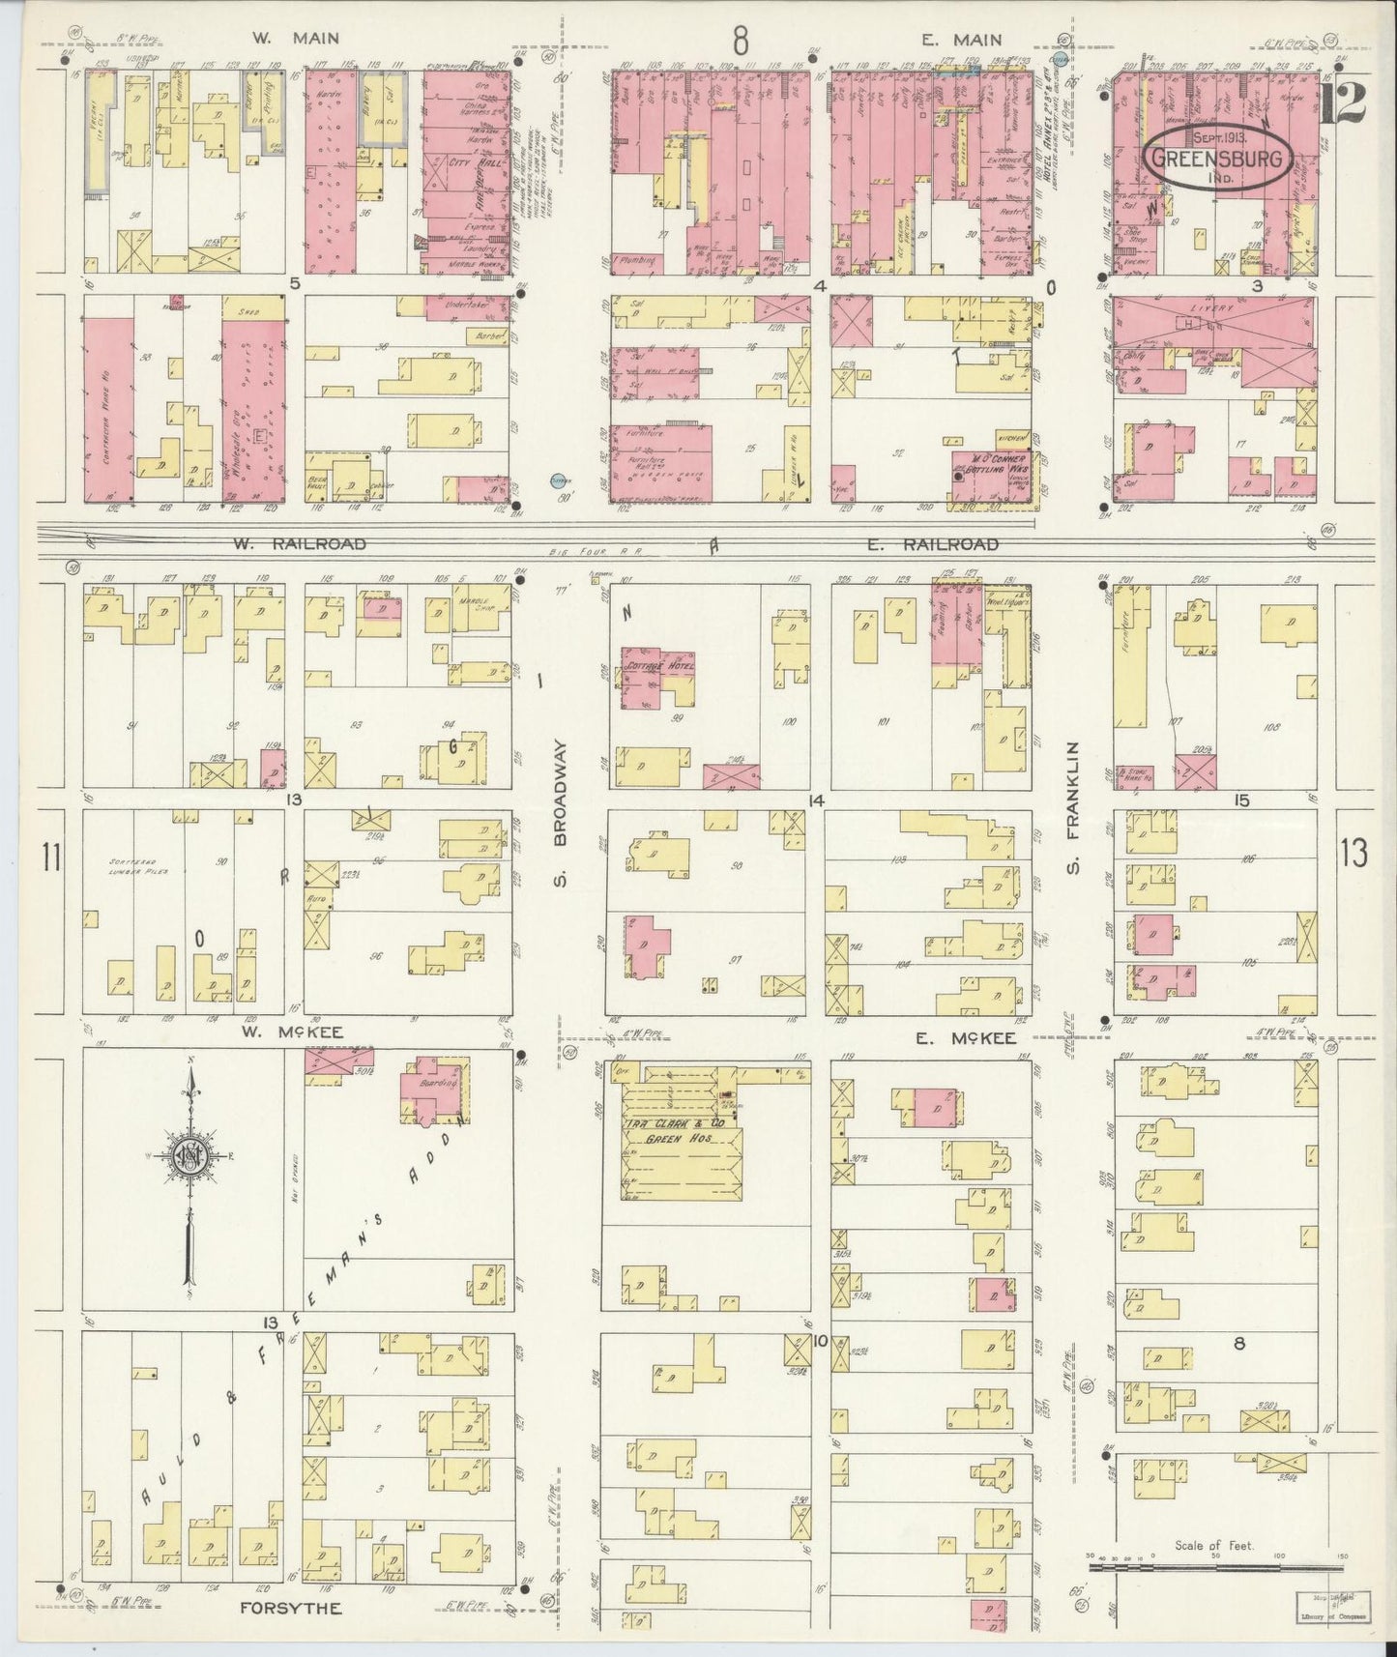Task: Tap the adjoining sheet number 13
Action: click(1353, 853)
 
